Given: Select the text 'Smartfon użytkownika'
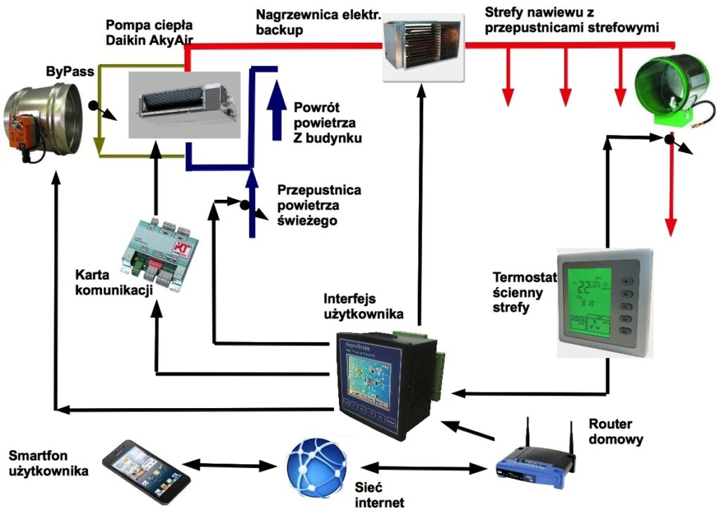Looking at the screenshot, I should point(49,463).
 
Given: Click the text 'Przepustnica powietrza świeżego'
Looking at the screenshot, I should point(319,205).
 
